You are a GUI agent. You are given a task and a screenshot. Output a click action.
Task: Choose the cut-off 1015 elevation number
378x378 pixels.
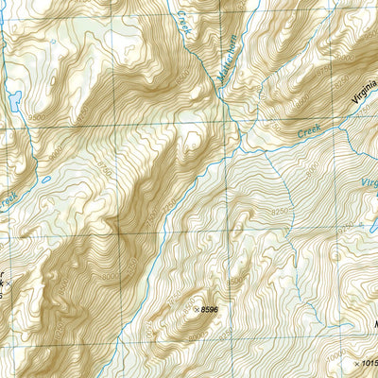point(368,362)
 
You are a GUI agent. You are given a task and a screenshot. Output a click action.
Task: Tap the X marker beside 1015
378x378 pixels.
point(351,362)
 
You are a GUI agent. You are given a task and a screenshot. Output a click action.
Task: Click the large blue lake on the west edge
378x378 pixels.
point(15,99)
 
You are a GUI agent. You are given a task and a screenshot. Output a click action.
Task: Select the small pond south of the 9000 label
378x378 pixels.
point(45,179)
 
